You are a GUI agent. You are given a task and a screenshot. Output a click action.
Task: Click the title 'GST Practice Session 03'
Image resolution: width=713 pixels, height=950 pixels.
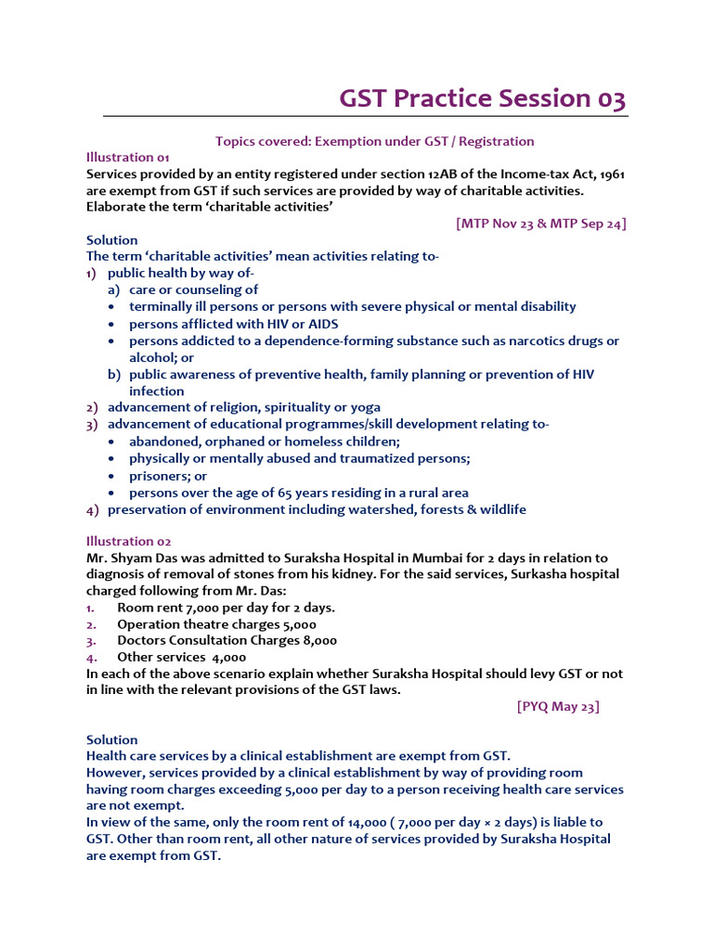[482, 98]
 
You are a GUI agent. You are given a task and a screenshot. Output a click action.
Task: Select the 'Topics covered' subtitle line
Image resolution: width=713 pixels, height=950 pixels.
[374, 141]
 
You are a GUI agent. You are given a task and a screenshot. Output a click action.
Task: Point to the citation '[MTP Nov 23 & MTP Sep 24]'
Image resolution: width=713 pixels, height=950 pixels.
[540, 224]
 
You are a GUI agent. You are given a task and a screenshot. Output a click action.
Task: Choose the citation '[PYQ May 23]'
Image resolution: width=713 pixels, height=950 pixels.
[558, 706]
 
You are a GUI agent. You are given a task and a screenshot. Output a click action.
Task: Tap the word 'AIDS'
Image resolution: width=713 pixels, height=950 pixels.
[322, 324]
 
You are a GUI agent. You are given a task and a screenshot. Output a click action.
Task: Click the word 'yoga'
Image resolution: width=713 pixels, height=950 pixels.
[364, 407]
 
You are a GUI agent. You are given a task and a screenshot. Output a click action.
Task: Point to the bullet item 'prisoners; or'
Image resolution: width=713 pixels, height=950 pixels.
[168, 476]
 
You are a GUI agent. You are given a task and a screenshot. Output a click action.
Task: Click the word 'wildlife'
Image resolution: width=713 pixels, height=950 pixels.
[499, 509]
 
